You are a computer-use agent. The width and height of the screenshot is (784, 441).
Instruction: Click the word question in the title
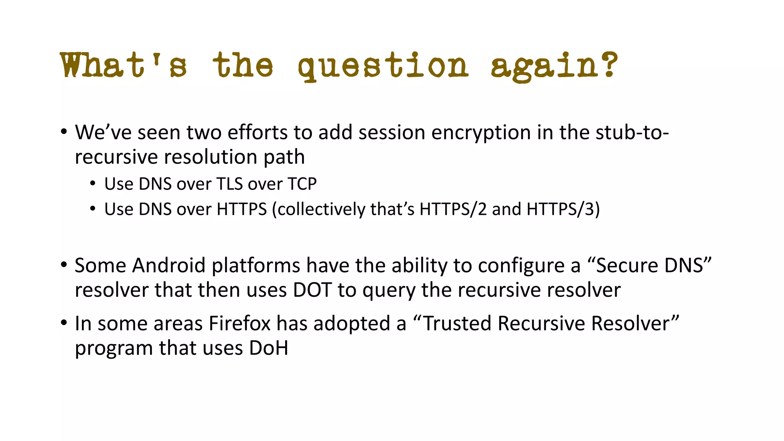pos(383,66)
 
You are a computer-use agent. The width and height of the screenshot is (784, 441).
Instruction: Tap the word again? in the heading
pos(554,66)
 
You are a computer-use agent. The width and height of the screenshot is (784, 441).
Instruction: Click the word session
pos(392,132)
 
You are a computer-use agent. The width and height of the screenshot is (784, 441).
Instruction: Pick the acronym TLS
pos(229,184)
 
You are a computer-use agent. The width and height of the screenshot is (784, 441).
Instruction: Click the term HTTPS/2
pos(453,209)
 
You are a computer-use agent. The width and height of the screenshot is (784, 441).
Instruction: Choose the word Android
pos(169,265)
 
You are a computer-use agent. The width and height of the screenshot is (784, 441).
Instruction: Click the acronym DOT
pos(312,290)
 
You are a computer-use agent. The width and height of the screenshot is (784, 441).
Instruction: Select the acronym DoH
pos(268,348)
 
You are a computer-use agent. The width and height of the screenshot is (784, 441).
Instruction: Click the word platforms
pos(256,266)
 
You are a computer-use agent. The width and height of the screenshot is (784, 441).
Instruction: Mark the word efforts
pos(257,132)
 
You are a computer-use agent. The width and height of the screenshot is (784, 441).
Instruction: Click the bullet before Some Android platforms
pos(64,265)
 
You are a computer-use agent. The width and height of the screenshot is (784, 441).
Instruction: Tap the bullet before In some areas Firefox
pos(64,323)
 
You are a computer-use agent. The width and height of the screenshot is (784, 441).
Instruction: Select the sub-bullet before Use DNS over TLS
pos(92,184)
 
